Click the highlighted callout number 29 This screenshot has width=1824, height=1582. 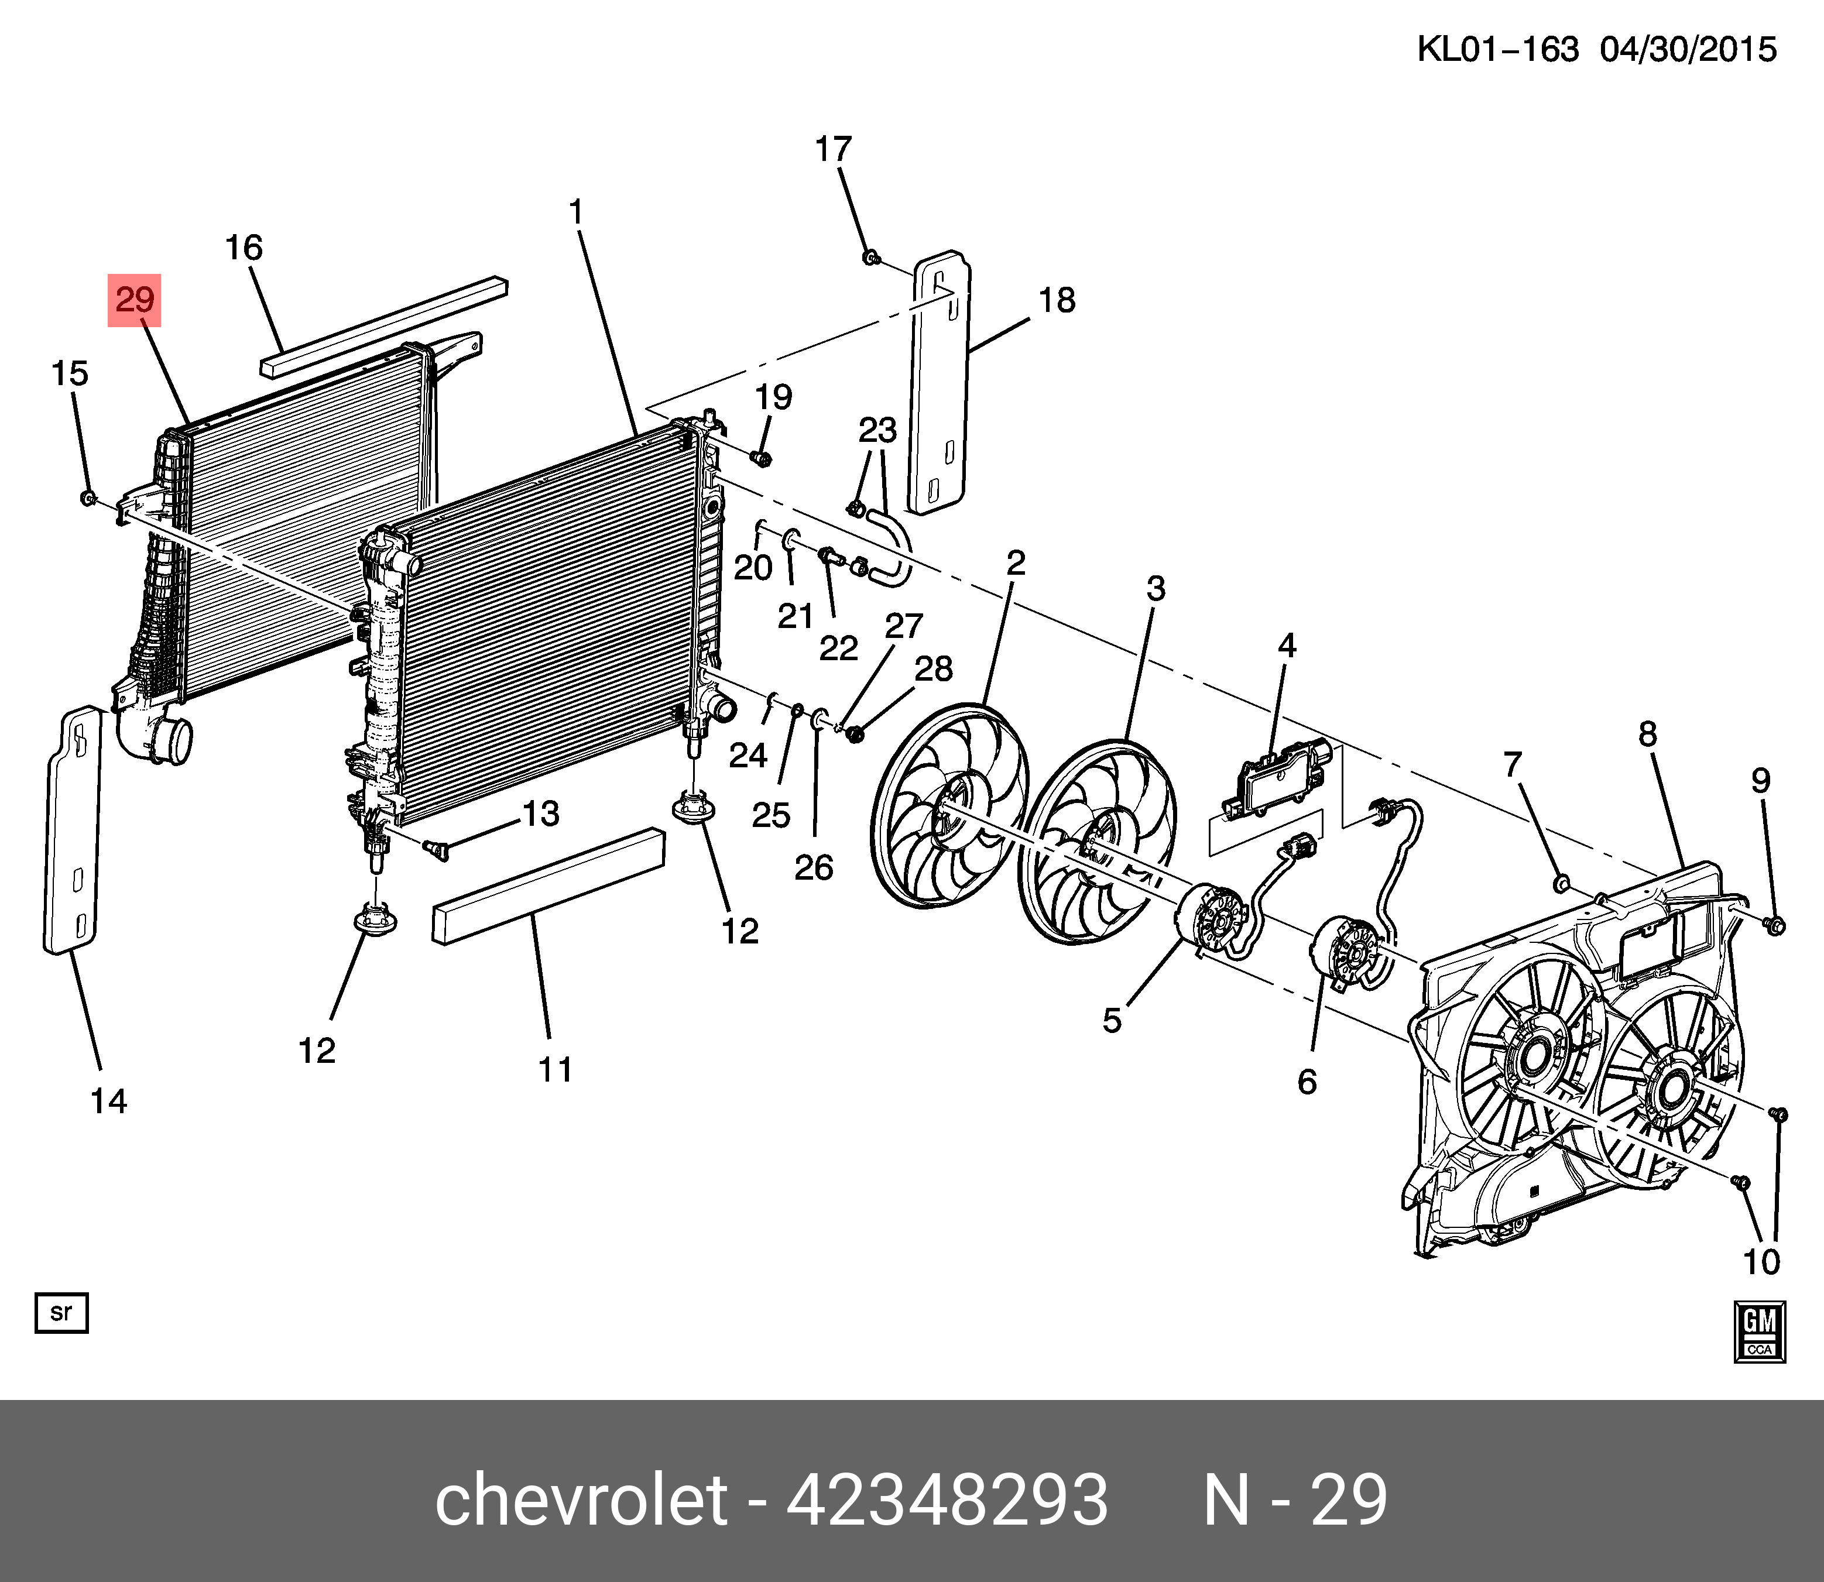134,300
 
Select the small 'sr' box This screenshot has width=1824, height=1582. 61,1313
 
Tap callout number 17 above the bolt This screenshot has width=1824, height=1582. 832,149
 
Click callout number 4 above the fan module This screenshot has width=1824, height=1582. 1287,646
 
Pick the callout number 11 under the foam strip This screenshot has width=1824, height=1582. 556,1070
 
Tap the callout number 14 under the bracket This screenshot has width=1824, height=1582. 109,1101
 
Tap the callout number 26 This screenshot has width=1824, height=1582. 813,868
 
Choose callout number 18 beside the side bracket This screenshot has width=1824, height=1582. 1057,300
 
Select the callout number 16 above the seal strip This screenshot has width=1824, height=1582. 244,248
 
